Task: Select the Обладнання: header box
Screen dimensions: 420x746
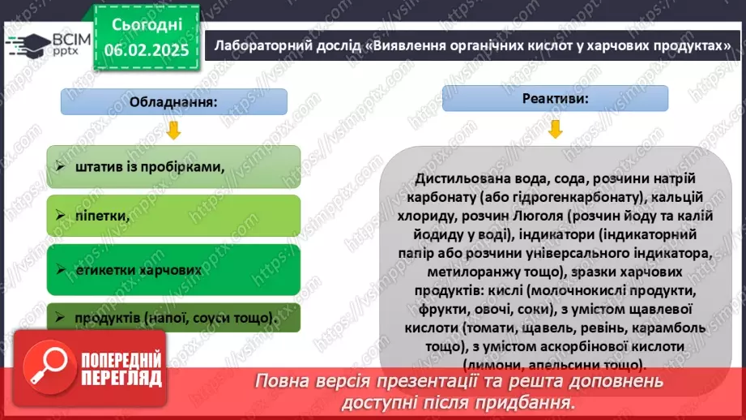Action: pyautogui.click(x=174, y=103)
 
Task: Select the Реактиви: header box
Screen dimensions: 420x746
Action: pyautogui.click(x=555, y=97)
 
